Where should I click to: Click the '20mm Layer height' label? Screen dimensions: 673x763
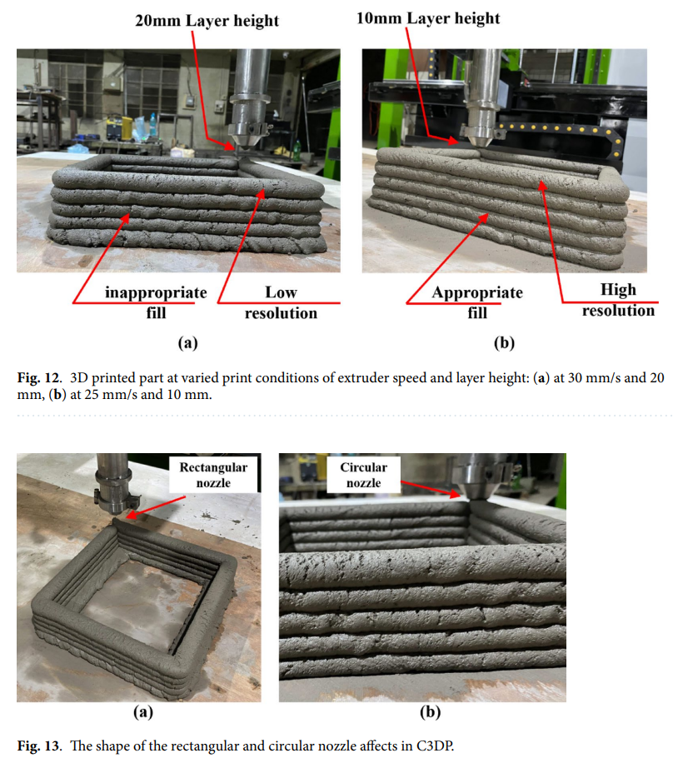[207, 21]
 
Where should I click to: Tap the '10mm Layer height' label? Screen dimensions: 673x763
[428, 18]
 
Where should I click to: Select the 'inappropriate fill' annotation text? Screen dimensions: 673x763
[156, 302]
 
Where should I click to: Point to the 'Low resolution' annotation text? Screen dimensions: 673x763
[281, 302]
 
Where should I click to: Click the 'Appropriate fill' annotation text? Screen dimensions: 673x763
[477, 302]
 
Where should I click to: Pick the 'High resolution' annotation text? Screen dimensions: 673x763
[618, 300]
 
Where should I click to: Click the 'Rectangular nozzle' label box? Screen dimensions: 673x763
[213, 475]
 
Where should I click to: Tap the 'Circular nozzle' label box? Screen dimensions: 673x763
[363, 475]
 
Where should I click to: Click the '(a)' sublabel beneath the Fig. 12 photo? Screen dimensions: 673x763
[188, 342]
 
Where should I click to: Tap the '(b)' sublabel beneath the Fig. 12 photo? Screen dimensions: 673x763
[504, 342]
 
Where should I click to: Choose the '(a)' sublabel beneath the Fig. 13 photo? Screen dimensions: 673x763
[143, 712]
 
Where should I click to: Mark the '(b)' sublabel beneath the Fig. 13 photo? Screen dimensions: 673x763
[430, 712]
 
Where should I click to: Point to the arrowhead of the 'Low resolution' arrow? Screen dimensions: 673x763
[262, 194]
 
